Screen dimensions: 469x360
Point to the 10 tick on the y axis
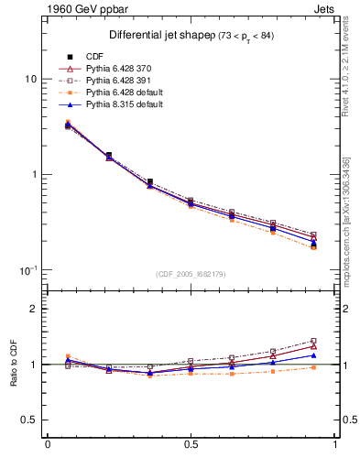pos(30,79)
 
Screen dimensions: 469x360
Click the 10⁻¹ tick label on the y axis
pos(27,269)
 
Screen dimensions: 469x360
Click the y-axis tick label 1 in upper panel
pos(33,174)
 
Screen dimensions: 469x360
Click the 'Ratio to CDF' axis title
pos(14,364)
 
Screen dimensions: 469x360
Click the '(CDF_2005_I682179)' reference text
pos(191,274)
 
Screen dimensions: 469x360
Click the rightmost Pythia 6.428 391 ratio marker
pos(313,341)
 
